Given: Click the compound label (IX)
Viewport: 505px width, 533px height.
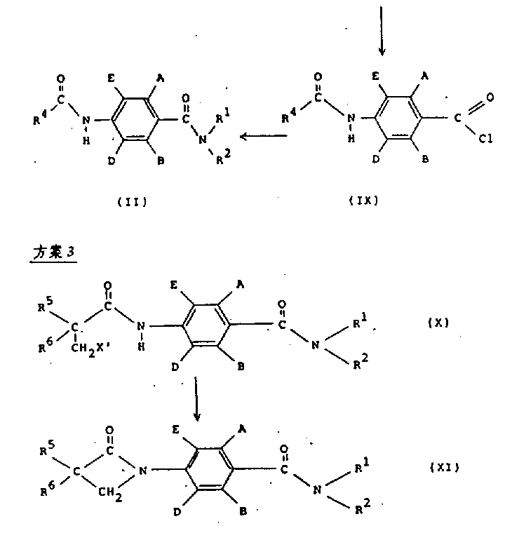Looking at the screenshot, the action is coord(363,200).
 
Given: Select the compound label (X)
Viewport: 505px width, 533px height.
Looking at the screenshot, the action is coord(438,323).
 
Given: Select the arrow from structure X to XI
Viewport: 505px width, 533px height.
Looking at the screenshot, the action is coord(197,400).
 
